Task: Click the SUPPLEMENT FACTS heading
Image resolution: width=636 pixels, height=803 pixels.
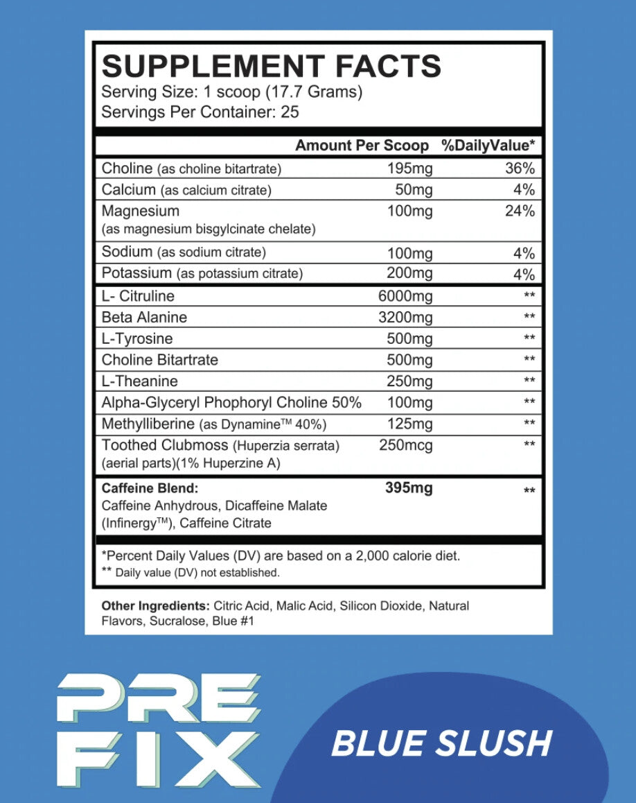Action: coord(271,67)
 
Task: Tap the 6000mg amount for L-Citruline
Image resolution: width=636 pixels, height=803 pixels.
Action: coord(405,297)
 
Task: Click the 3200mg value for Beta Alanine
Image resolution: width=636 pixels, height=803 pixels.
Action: coord(405,318)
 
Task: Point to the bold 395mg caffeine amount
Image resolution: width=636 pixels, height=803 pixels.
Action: coord(409,489)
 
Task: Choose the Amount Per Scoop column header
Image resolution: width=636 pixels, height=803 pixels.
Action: coord(362,146)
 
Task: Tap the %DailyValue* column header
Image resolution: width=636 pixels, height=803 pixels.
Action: coord(488,146)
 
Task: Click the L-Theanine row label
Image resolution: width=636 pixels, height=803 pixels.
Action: coord(140,381)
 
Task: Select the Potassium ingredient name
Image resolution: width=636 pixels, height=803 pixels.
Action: coord(136,273)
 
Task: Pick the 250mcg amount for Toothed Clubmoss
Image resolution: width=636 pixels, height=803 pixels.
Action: coord(406,446)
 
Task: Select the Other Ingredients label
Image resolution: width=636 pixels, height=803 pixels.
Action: coord(155,606)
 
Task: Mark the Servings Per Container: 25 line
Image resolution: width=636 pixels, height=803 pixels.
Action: coord(200,112)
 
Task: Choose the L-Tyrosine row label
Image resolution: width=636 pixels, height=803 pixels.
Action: coord(137,339)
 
